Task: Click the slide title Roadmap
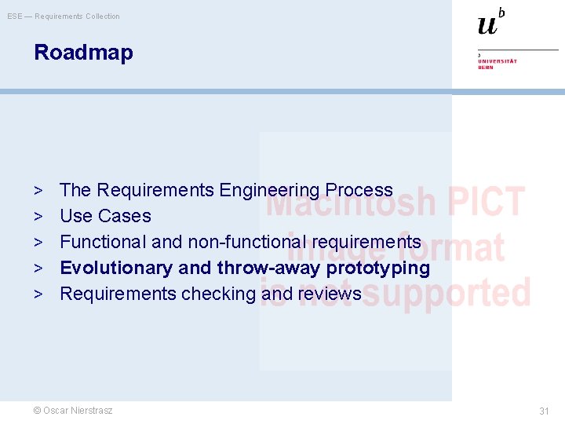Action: [x=83, y=53]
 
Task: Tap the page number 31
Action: [x=544, y=411]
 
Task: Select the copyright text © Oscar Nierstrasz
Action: [x=73, y=410]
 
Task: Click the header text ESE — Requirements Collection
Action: [x=64, y=16]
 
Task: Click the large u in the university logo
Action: [x=487, y=24]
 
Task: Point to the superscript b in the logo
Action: [x=501, y=12]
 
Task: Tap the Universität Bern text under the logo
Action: [x=498, y=64]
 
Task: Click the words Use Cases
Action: [x=105, y=216]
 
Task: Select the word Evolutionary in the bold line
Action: [x=116, y=268]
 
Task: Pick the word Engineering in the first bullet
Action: [x=269, y=190]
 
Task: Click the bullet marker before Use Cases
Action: [x=38, y=216]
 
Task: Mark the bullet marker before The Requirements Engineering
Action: [x=38, y=190]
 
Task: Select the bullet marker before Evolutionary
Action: [x=38, y=268]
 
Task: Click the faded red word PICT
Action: [x=486, y=203]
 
